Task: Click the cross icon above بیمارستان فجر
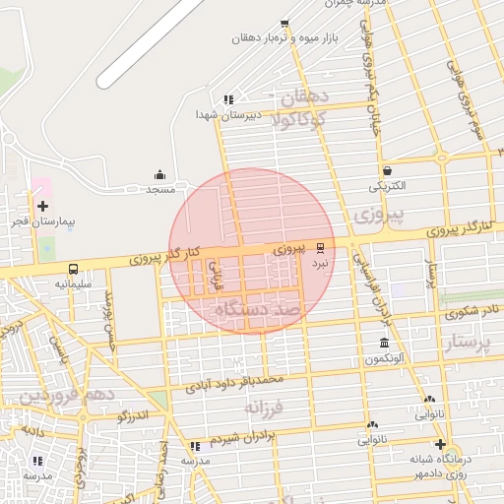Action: [x=42, y=206]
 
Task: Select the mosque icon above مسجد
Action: [x=160, y=174]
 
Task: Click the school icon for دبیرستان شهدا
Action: [x=228, y=99]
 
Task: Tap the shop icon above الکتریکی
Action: [x=387, y=170]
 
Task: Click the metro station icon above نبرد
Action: [x=319, y=249]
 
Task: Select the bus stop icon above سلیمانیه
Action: [x=73, y=269]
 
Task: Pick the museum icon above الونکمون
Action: [x=384, y=343]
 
